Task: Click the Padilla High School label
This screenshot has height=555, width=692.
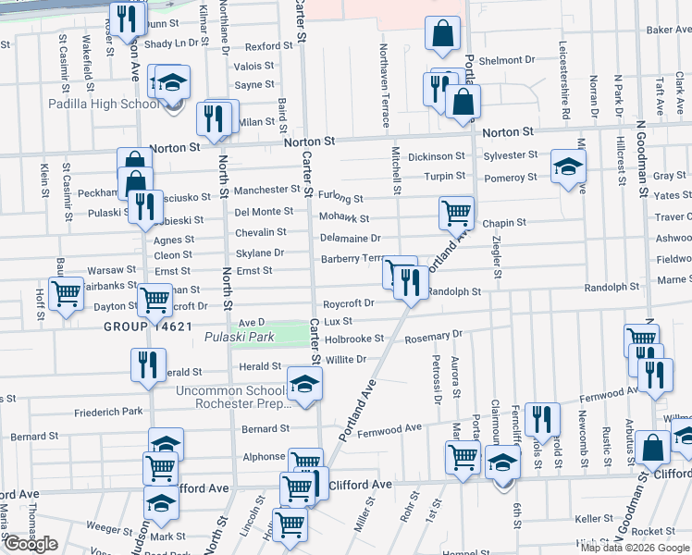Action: (104, 105)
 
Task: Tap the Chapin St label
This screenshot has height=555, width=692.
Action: (503, 223)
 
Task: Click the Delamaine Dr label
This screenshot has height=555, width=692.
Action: (351, 239)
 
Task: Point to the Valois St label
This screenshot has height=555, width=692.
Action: (253, 67)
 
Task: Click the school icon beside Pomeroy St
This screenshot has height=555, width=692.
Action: (568, 166)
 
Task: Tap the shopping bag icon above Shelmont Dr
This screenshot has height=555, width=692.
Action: (443, 34)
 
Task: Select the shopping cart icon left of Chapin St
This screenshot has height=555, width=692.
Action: (456, 213)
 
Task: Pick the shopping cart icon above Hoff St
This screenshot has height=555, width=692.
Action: (66, 295)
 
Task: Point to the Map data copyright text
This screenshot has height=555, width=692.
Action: (636, 548)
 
